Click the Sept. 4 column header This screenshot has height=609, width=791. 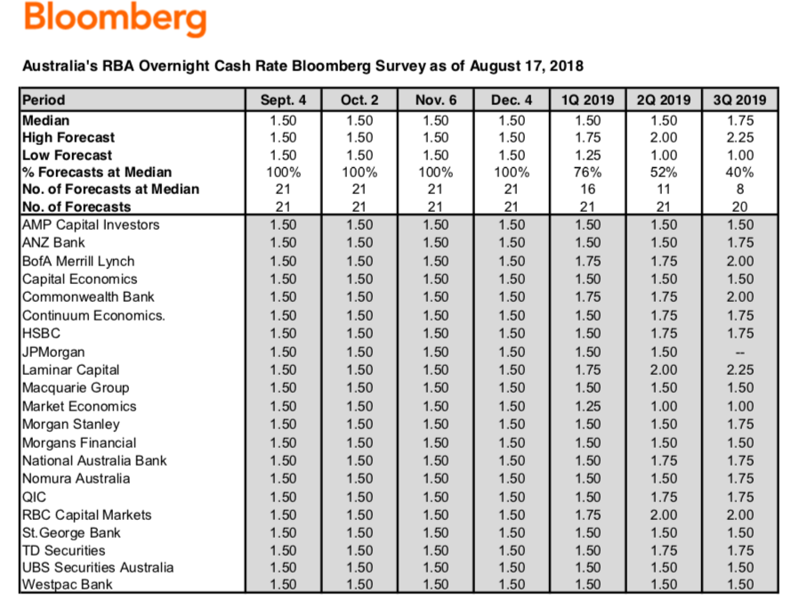[x=283, y=100]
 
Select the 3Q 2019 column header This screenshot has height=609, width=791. [x=740, y=100]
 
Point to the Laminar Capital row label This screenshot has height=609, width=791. [x=70, y=369]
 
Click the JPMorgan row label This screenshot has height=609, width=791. [x=53, y=352]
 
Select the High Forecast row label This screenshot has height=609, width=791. [x=68, y=137]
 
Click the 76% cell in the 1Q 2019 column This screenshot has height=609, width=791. [x=587, y=172]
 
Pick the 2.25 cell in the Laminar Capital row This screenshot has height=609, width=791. [x=740, y=369]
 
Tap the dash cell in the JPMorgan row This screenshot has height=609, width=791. [x=740, y=352]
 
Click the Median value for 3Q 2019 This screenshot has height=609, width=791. [x=740, y=119]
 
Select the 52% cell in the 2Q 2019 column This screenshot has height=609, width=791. [x=664, y=172]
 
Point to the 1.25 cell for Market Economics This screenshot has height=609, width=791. [x=587, y=406]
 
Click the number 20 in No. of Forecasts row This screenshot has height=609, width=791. [x=740, y=207]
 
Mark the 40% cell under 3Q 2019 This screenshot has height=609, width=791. [x=740, y=172]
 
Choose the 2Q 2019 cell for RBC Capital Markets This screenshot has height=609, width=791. [x=664, y=515]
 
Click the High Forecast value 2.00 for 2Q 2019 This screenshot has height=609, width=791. [x=664, y=137]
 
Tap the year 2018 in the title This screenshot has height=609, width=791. [x=566, y=66]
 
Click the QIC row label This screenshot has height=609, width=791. [x=34, y=497]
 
